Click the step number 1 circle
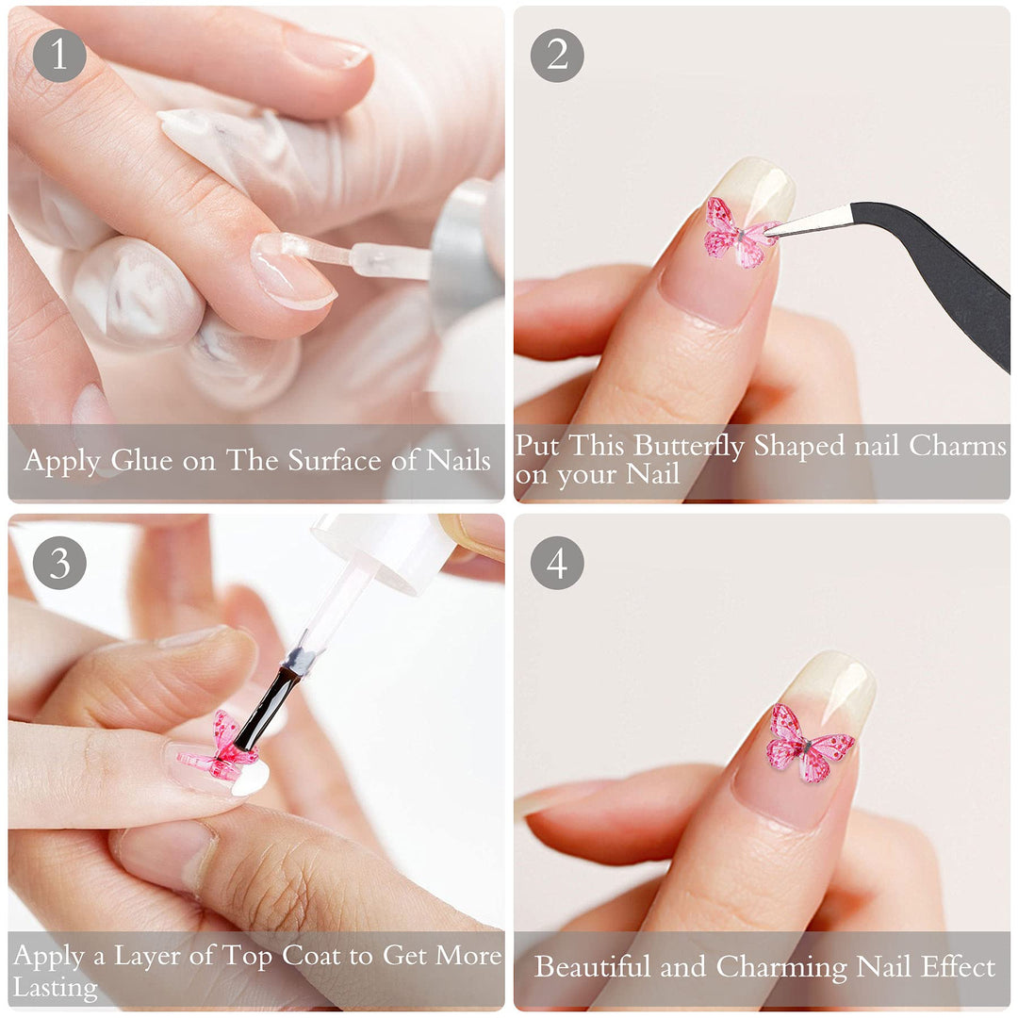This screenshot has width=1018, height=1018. click(59, 56)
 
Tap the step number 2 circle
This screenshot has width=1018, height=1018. click(557, 56)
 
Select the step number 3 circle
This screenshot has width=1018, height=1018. click(59, 563)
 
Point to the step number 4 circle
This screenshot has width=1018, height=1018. click(557, 563)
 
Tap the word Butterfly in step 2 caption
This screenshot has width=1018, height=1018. click(689, 445)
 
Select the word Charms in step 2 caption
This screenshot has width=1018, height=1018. click(958, 445)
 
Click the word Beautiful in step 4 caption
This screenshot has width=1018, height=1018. click(592, 967)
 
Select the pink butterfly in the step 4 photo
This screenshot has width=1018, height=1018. click(807, 745)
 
